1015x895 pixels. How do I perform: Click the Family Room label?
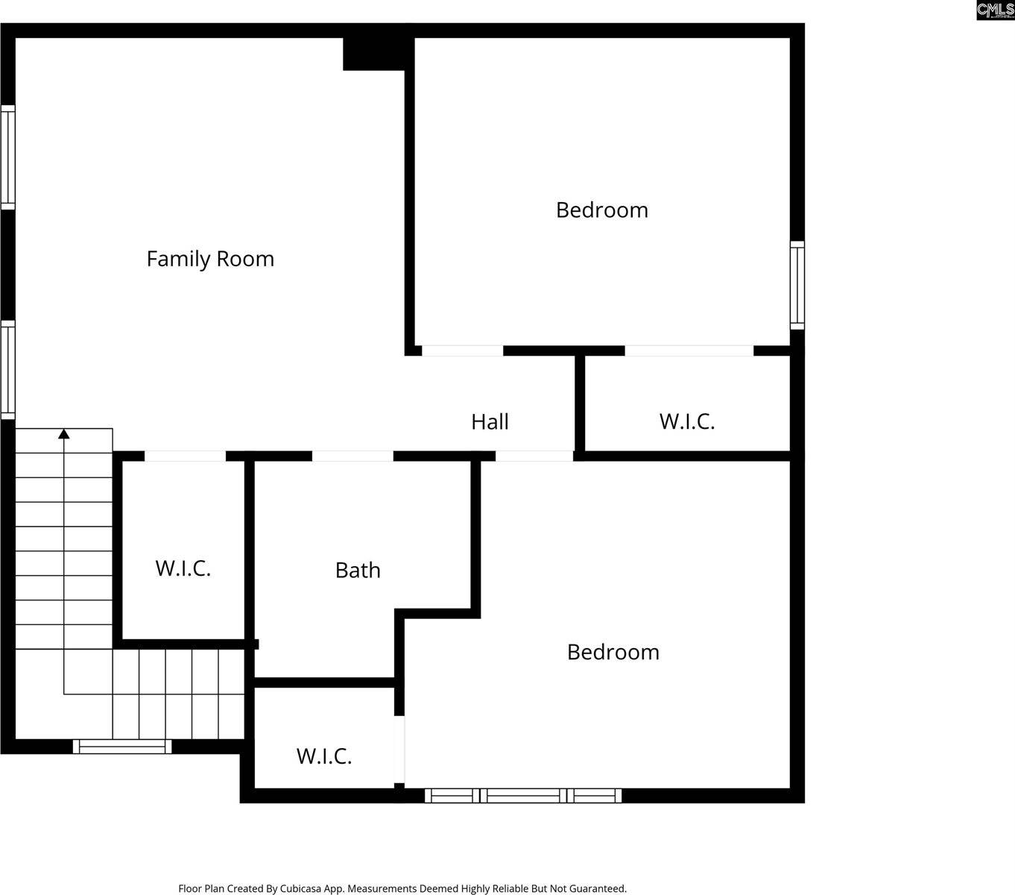point(210,259)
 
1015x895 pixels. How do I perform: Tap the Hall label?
point(490,422)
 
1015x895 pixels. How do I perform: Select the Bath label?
point(358,571)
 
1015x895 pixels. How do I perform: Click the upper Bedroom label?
point(602,210)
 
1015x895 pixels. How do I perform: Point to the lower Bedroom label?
point(613,653)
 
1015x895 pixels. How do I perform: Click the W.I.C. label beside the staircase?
point(183,568)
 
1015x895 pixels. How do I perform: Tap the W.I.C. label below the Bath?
point(324,756)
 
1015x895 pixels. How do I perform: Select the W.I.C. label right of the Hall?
point(687,421)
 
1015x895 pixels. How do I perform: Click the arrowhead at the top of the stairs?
point(64,433)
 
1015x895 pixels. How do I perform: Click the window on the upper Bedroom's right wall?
point(797,285)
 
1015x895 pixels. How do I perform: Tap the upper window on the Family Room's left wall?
point(7,157)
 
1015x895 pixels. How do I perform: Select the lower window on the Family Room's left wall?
point(7,369)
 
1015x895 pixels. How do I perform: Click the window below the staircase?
point(122,746)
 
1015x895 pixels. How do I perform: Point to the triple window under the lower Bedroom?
point(523,796)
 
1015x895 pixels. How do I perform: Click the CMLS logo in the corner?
point(995,10)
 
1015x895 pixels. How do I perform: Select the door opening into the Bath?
point(352,456)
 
